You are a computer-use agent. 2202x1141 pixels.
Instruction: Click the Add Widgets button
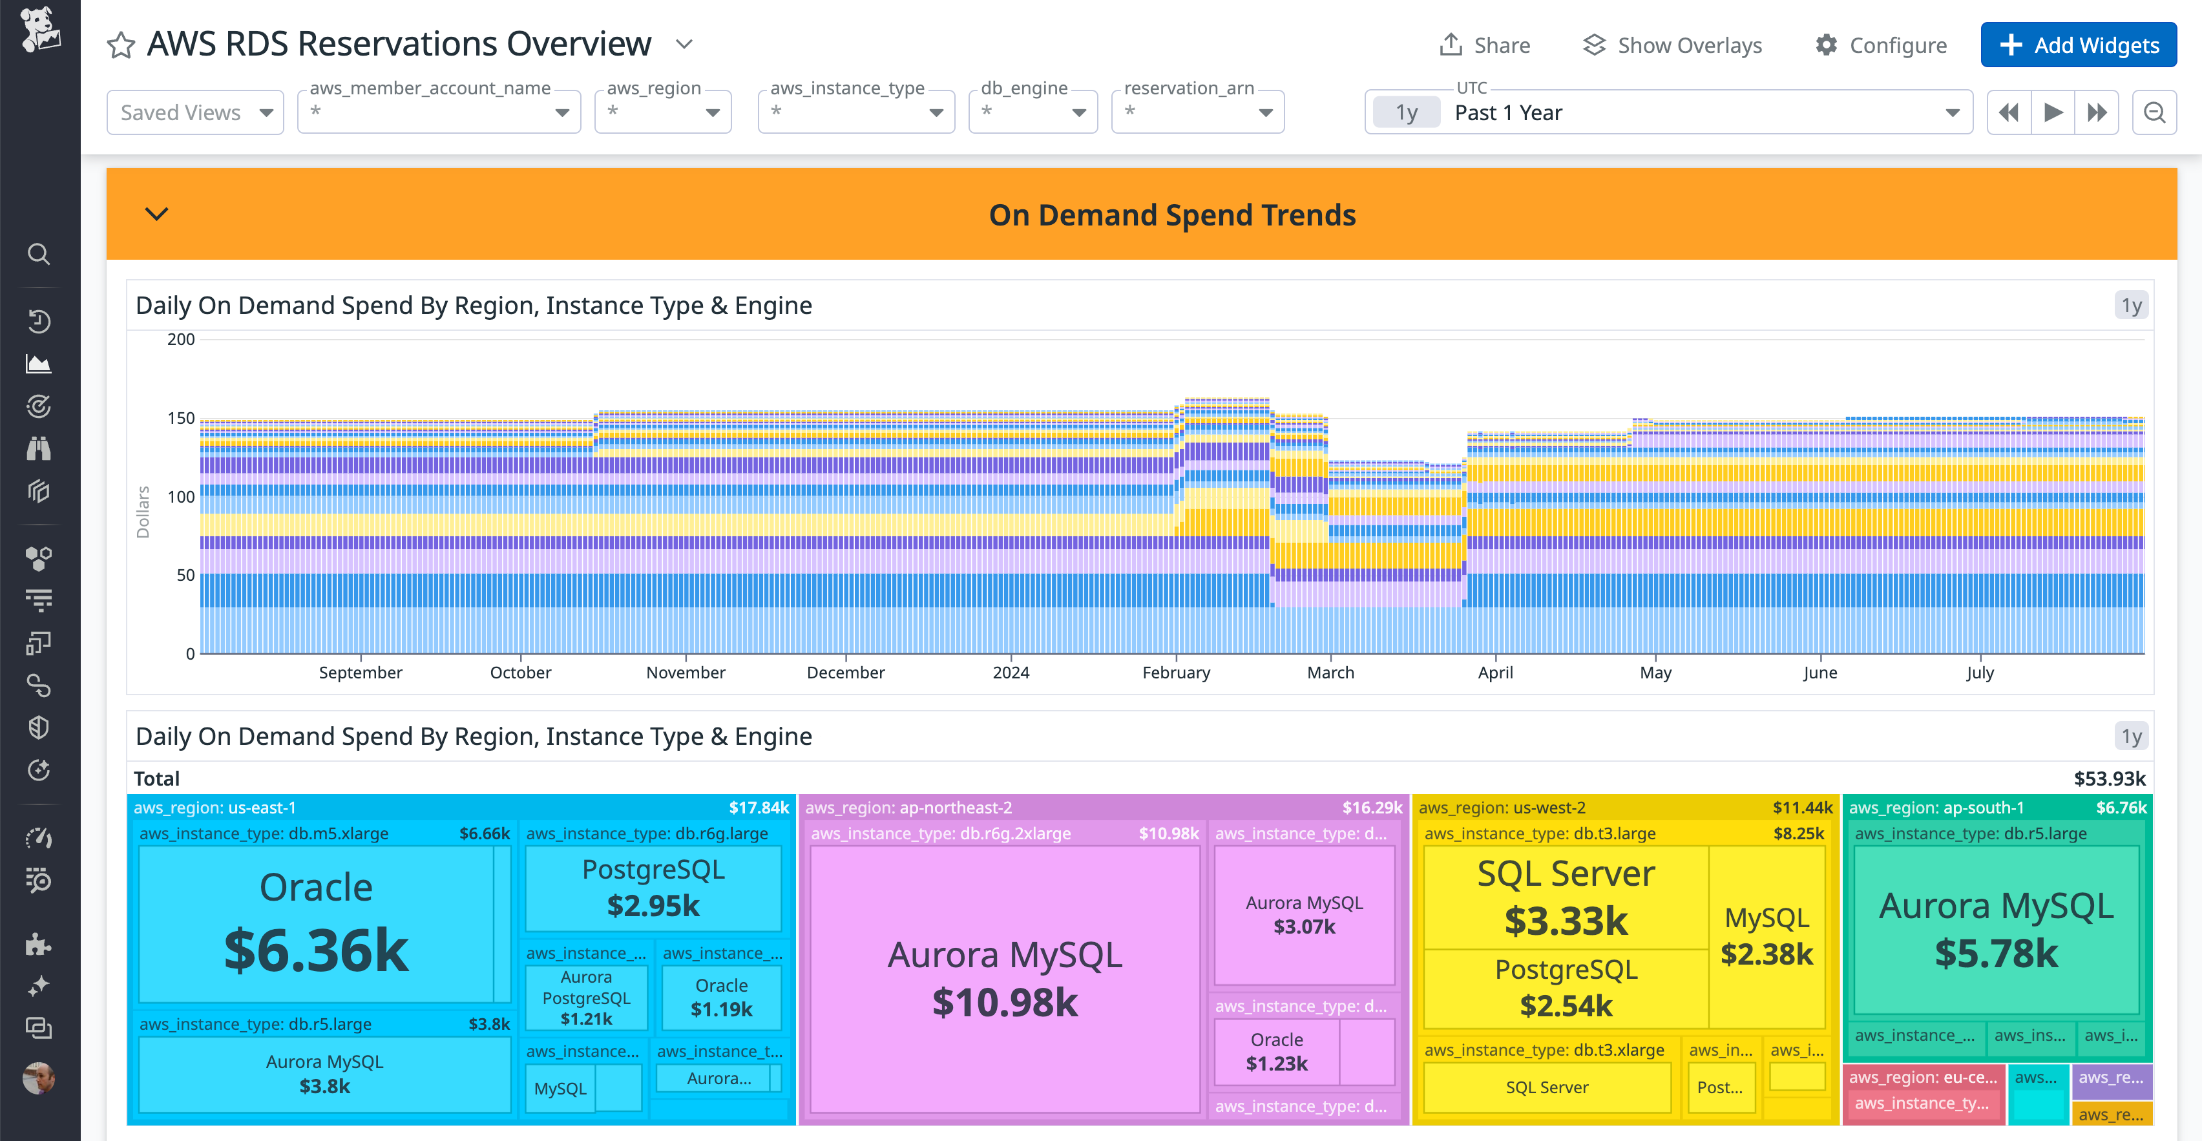point(2078,45)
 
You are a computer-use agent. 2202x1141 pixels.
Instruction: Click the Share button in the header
point(1485,45)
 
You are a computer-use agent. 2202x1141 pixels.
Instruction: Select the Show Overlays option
point(1672,45)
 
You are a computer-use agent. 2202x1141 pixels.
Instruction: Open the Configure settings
point(1881,45)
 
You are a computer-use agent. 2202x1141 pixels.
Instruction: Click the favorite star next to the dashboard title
point(121,45)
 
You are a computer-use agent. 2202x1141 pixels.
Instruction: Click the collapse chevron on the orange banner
point(156,214)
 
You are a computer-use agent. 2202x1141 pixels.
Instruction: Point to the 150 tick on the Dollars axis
point(180,418)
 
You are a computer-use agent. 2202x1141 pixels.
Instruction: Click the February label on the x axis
point(1175,673)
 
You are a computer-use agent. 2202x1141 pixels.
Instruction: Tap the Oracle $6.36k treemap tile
point(315,923)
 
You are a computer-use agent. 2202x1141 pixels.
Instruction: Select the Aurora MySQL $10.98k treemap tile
point(1005,979)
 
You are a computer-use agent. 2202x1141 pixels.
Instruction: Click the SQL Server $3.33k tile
point(1565,897)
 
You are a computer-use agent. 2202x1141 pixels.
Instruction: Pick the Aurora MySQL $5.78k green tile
point(1996,930)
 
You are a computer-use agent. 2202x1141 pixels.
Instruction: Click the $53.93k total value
point(2109,779)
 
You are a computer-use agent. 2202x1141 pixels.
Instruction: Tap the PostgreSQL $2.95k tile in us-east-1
point(653,888)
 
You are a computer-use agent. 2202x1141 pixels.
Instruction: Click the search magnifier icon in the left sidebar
point(39,254)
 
